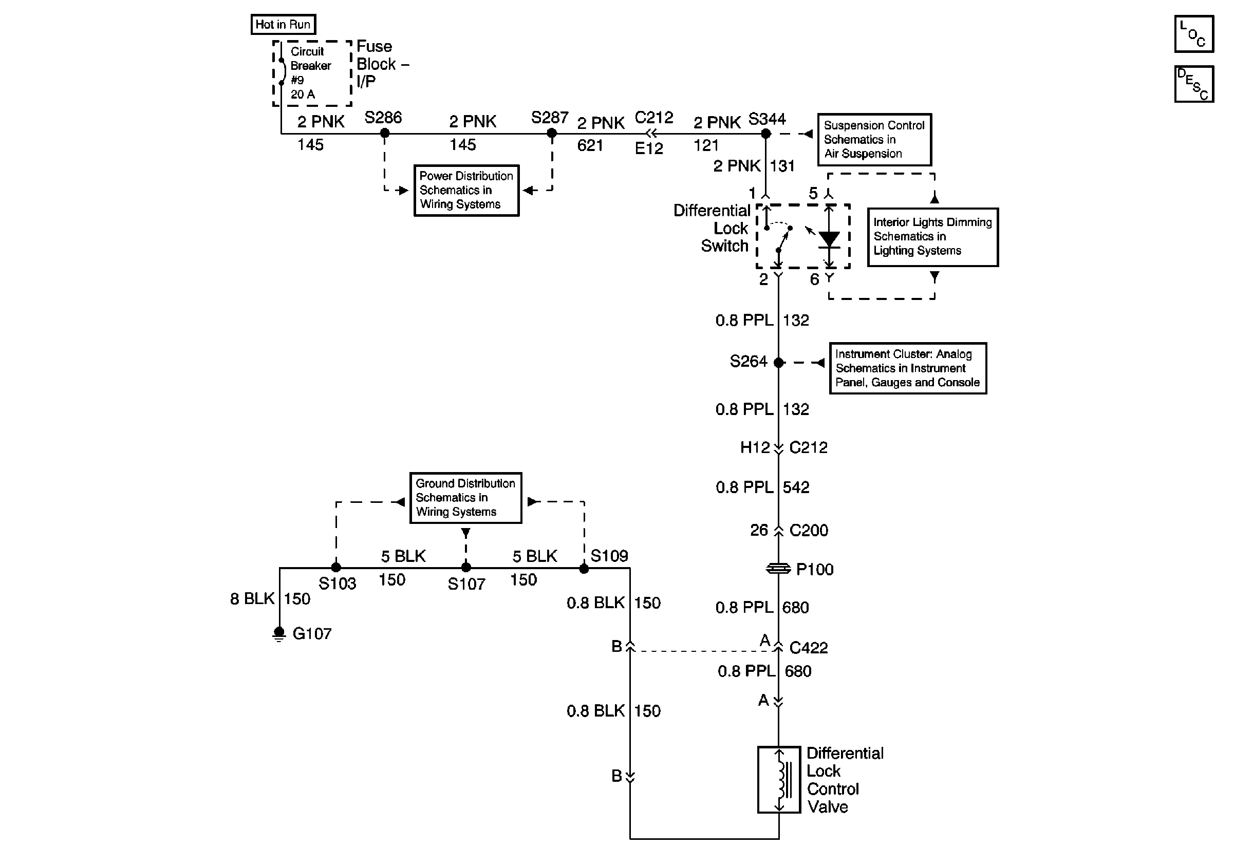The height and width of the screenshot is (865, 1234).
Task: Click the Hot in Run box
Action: point(283,24)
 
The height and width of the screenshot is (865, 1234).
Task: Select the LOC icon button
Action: point(1194,34)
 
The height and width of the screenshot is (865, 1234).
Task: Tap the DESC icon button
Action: point(1194,84)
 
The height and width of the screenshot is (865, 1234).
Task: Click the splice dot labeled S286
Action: point(385,133)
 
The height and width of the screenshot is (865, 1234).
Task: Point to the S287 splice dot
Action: point(551,133)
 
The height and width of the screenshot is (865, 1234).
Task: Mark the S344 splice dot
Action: point(766,134)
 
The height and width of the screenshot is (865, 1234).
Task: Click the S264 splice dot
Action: point(778,363)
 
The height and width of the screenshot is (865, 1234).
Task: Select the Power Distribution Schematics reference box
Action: point(466,190)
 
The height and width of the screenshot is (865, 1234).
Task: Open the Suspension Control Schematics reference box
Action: point(874,139)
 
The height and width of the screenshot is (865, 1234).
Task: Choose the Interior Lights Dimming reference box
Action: point(933,237)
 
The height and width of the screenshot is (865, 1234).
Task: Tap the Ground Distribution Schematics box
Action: point(465,498)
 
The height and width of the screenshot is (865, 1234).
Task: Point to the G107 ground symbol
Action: point(279,634)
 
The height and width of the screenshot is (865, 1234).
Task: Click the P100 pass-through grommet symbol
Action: point(778,569)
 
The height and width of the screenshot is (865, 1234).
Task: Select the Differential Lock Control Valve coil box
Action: point(779,780)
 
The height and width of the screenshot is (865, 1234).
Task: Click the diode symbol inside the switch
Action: point(829,239)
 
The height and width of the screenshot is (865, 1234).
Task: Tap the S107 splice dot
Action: point(466,568)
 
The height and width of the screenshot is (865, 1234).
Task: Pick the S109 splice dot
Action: point(584,569)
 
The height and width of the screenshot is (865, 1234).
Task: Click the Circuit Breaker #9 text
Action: point(311,66)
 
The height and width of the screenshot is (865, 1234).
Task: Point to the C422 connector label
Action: point(808,648)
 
